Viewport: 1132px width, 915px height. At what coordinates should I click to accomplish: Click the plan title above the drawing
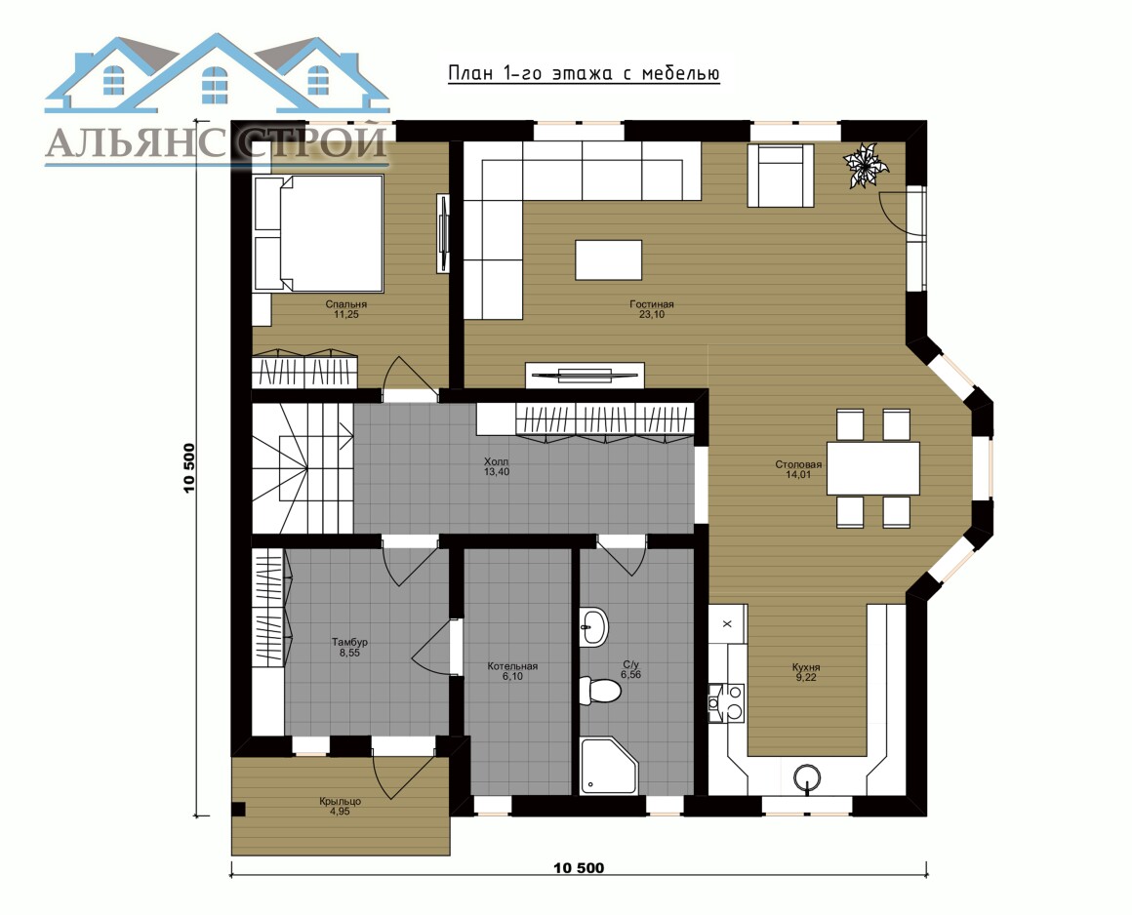pos(584,73)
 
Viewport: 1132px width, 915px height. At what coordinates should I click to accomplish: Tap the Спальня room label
pos(345,304)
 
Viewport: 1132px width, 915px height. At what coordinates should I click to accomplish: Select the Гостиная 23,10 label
pos(651,309)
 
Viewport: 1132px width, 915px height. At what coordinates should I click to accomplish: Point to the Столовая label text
pos(798,464)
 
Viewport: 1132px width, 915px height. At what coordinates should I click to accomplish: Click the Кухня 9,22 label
pos(806,672)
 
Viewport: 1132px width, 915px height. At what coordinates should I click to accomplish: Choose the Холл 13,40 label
pos(496,466)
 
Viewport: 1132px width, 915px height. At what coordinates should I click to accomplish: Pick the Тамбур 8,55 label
pos(349,648)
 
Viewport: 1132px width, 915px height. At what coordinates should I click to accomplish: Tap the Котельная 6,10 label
pos(512,671)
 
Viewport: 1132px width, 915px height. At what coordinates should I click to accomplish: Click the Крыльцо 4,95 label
pos(340,806)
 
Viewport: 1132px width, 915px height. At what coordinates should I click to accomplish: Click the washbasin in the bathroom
pos(593,626)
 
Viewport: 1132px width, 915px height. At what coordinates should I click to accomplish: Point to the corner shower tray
pos(609,766)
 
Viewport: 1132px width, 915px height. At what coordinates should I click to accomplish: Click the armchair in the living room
pos(781,176)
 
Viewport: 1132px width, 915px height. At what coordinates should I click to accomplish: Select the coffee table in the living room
pos(609,259)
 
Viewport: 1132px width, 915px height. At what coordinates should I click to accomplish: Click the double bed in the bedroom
pos(318,233)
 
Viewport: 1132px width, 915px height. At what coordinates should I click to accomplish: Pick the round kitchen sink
pos(806,778)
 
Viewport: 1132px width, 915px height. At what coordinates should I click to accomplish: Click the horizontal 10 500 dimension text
pos(579,867)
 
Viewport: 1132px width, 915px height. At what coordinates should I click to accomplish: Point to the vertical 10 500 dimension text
pos(190,467)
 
